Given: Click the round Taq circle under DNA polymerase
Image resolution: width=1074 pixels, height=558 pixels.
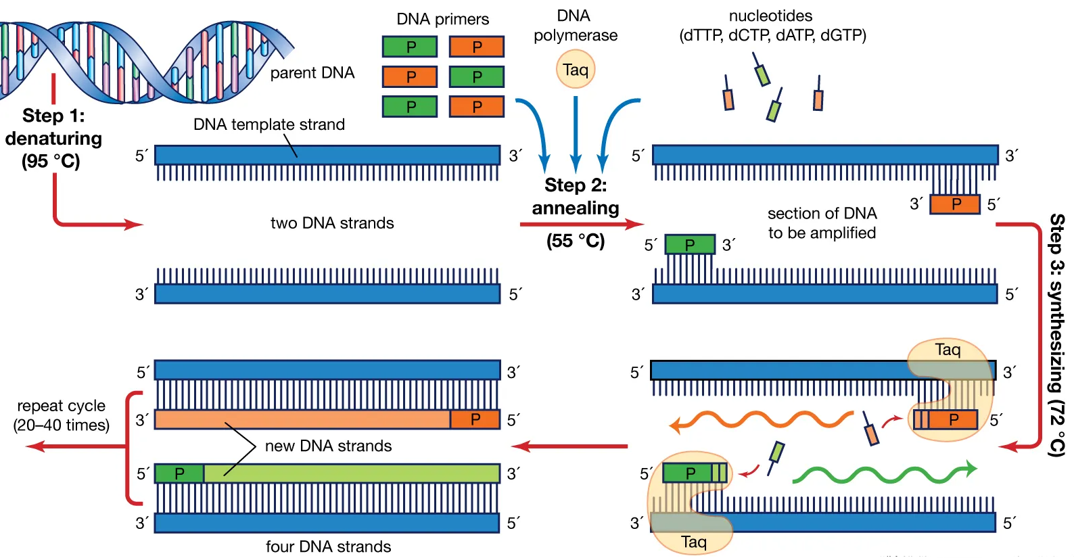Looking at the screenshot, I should [x=576, y=70].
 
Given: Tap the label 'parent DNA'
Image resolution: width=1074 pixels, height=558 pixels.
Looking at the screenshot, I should [x=312, y=73].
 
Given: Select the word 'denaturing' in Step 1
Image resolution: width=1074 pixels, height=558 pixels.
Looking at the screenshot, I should [x=53, y=139].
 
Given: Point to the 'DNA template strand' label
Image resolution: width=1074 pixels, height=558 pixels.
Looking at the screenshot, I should [x=268, y=124].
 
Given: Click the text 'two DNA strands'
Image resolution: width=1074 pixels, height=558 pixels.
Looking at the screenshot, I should [x=331, y=223].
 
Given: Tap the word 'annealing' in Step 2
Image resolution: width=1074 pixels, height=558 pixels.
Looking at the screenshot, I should [x=576, y=208].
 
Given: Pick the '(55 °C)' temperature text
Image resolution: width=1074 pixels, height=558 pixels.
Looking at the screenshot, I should [x=576, y=241].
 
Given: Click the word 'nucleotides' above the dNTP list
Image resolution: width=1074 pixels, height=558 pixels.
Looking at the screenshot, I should [x=770, y=16].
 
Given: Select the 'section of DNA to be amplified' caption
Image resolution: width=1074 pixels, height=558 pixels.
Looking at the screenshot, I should [x=822, y=223].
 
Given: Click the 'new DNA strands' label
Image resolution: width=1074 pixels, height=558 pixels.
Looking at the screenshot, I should [x=328, y=446].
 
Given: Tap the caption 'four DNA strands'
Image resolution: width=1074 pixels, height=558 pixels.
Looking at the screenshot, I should [x=328, y=547].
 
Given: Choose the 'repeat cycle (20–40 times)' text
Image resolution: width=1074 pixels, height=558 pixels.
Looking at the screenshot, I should [x=62, y=415].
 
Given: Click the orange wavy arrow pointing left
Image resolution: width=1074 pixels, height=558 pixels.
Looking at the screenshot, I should [x=761, y=421].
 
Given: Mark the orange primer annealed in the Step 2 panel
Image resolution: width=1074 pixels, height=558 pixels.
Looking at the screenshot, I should [x=955, y=204].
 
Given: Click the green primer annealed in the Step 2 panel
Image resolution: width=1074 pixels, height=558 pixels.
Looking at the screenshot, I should [x=690, y=244].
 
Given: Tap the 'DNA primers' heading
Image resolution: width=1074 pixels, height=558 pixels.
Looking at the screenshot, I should [x=442, y=19].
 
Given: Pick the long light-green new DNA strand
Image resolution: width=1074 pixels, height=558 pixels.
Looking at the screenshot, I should [x=352, y=473].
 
